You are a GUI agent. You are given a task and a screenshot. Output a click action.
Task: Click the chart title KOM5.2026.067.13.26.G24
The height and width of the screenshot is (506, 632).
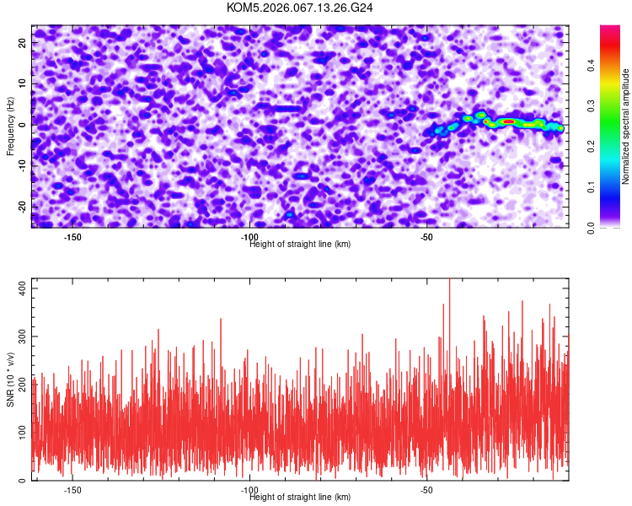pyautogui.click(x=300, y=8)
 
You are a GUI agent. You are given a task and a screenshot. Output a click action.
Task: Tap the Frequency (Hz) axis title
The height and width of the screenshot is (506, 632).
pyautogui.click(x=11, y=126)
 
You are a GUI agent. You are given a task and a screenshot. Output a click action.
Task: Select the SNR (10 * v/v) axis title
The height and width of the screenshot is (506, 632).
pyautogui.click(x=11, y=379)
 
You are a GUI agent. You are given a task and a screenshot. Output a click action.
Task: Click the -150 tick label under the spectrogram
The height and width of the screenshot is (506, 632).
pyautogui.click(x=72, y=238)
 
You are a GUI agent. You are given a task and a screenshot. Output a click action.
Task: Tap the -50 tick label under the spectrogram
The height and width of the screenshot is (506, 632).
pyautogui.click(x=427, y=238)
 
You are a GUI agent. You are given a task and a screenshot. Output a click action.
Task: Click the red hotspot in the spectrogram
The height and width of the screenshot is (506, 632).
pyautogui.click(x=508, y=121)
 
